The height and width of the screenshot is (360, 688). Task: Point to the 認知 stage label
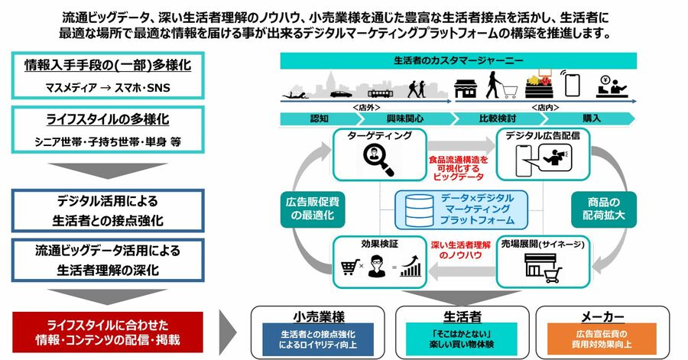click(319, 118)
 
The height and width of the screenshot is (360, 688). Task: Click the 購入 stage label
click(591, 118)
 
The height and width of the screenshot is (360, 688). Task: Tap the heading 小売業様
click(319, 316)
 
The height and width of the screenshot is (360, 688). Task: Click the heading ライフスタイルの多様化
click(107, 120)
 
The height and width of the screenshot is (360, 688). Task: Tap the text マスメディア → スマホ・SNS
click(108, 87)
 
